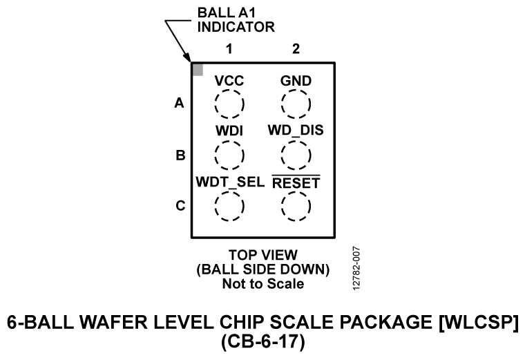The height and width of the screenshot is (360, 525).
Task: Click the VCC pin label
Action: (229, 81)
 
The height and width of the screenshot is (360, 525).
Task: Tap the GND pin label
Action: (296, 81)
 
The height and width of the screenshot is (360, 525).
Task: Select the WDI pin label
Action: (229, 130)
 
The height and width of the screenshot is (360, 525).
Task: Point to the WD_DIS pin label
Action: (296, 130)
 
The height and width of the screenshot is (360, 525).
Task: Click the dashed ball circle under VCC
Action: (229, 105)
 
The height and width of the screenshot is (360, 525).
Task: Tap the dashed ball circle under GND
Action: (296, 105)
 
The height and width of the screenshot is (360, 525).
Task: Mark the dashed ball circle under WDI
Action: (229, 155)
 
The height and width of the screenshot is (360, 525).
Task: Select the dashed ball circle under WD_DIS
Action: (296, 155)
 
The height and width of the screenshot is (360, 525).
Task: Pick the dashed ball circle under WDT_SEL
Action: (229, 206)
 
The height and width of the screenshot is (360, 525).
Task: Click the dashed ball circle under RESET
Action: (296, 206)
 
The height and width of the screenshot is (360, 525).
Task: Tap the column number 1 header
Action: (229, 49)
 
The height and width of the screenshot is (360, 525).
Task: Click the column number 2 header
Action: (296, 49)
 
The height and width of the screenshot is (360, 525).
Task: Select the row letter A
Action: (180, 104)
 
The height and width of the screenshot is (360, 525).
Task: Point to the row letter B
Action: (180, 155)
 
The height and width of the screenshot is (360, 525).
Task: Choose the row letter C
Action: (180, 206)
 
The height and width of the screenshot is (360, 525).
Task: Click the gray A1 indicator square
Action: (198, 70)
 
